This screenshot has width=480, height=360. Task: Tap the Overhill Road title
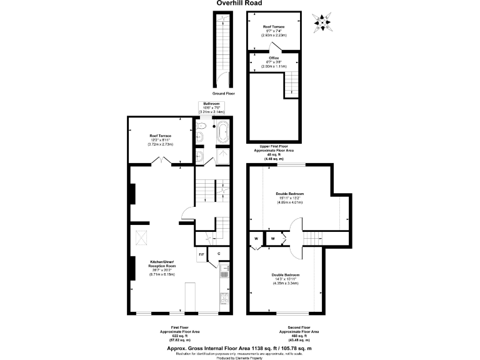(239, 3)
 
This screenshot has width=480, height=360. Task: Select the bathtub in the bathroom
(222, 132)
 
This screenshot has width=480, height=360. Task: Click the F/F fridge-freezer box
(201, 254)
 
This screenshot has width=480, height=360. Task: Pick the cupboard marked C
(219, 254)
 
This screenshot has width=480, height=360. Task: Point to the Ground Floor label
(224, 92)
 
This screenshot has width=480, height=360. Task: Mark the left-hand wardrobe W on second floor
(257, 239)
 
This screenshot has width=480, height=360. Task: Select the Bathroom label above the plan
(212, 102)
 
